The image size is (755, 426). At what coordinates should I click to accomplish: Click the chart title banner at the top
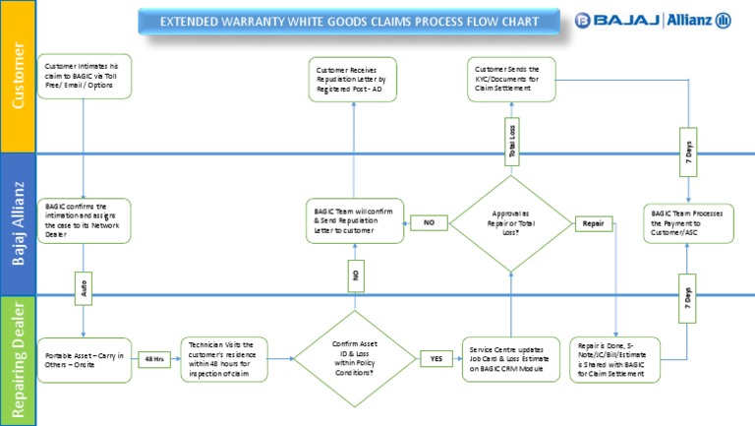(351, 21)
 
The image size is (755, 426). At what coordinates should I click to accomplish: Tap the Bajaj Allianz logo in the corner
(654, 21)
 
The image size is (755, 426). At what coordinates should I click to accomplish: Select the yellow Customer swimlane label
(18, 77)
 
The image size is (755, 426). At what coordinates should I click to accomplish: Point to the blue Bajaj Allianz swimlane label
(18, 224)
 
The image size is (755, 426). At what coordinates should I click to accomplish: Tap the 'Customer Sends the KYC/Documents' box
(511, 79)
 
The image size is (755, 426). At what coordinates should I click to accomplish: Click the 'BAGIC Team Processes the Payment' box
(687, 223)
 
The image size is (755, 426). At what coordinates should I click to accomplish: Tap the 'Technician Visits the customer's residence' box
(223, 359)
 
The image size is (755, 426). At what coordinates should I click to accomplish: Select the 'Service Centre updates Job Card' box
(510, 359)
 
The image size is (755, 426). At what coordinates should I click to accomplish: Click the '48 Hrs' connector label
(154, 359)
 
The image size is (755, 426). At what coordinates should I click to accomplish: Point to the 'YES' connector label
(436, 359)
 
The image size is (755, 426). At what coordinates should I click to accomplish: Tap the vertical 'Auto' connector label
(84, 291)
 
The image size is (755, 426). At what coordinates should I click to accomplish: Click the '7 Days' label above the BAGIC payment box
(687, 151)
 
